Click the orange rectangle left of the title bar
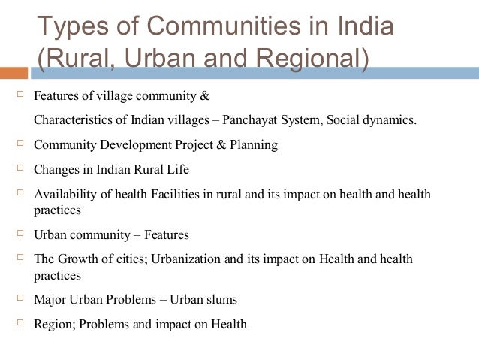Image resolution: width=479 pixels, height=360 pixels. [14, 73]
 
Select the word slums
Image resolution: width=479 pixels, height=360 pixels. [221, 300]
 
